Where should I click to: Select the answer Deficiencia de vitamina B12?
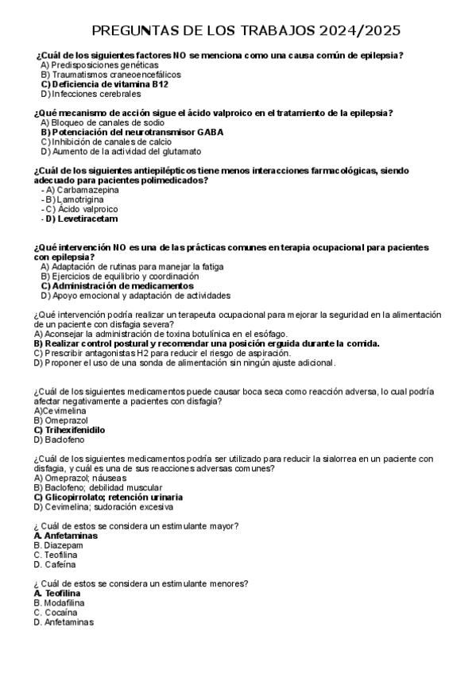click(104, 83)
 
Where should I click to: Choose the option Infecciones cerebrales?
click(90, 93)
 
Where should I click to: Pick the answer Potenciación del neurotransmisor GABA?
click(131, 132)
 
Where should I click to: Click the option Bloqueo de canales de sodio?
click(103, 122)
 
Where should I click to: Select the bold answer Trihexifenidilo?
click(70, 429)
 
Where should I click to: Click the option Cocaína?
click(56, 612)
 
